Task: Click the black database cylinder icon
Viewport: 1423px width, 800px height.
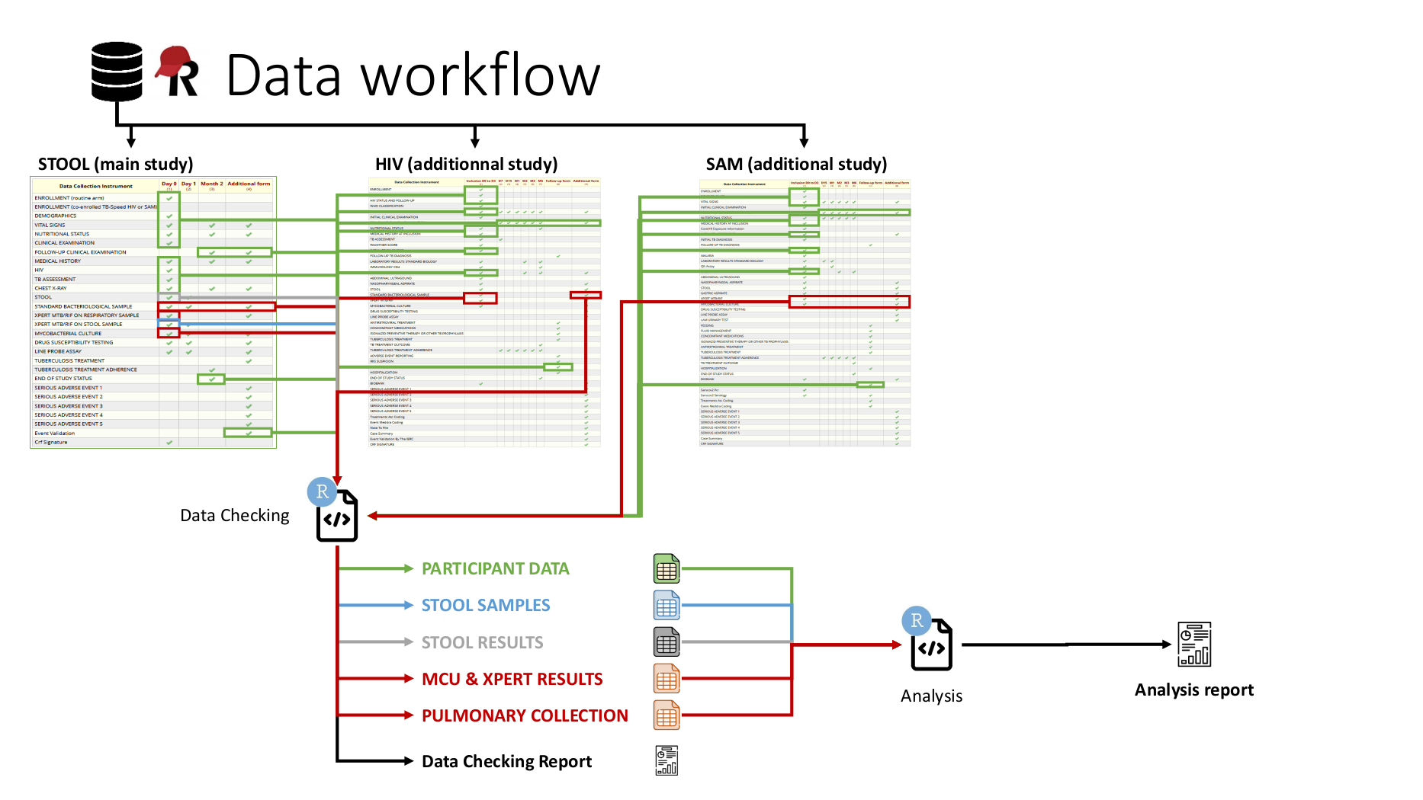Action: [117, 72]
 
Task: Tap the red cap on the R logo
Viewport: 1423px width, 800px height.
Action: [174, 61]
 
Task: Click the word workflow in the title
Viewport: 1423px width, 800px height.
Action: [480, 75]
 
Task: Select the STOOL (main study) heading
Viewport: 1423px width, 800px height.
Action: [115, 164]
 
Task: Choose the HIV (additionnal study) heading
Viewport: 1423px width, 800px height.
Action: [466, 164]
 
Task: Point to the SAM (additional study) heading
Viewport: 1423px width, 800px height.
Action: [796, 164]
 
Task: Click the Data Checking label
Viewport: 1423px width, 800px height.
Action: [235, 516]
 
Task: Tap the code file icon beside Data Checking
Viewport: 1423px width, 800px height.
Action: [337, 517]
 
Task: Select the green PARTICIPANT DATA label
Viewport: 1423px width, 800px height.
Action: [495, 568]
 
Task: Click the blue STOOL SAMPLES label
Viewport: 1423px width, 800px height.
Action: [486, 605]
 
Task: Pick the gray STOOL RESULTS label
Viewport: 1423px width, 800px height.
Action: [482, 642]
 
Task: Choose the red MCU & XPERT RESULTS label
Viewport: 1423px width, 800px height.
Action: [512, 679]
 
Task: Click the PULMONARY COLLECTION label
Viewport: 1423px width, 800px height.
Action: [525, 715]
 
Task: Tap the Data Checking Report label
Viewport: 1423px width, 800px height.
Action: [506, 761]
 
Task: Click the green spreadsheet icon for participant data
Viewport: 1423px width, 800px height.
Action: [667, 568]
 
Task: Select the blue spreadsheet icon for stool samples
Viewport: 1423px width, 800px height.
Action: [667, 606]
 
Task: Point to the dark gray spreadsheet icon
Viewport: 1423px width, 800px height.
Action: [667, 642]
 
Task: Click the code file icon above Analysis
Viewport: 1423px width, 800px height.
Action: [932, 645]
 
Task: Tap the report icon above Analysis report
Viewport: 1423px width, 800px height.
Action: [1194, 645]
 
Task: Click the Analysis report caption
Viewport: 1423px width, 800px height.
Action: [1193, 690]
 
